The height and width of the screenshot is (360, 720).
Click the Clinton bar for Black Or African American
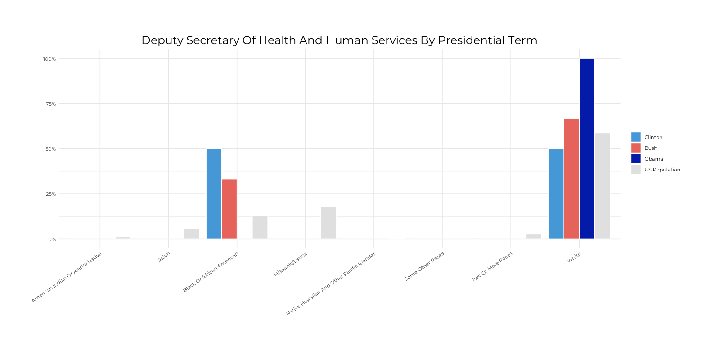pos(214,194)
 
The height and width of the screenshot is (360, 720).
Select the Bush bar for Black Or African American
pos(229,209)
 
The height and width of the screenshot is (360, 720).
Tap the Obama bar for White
pos(587,149)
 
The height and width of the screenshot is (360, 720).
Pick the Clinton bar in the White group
pos(556,194)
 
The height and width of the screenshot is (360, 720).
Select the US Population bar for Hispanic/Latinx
pos(328,223)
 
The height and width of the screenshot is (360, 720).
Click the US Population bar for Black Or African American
pos(260,227)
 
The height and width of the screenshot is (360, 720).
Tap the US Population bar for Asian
pos(191,234)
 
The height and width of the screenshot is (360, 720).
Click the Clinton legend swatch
pos(636,137)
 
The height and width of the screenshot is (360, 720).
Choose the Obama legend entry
pos(653,159)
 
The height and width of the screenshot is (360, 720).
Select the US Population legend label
pos(662,170)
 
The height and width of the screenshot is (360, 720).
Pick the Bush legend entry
pos(651,148)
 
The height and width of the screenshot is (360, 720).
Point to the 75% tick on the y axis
pos(50,104)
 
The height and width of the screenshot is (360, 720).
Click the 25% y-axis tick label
pos(50,194)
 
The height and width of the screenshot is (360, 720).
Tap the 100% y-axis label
pos(49,59)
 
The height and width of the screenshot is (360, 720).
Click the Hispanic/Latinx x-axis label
pos(291,265)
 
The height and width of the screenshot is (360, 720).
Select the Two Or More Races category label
pos(492,267)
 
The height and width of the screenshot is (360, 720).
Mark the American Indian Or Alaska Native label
pos(67,277)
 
